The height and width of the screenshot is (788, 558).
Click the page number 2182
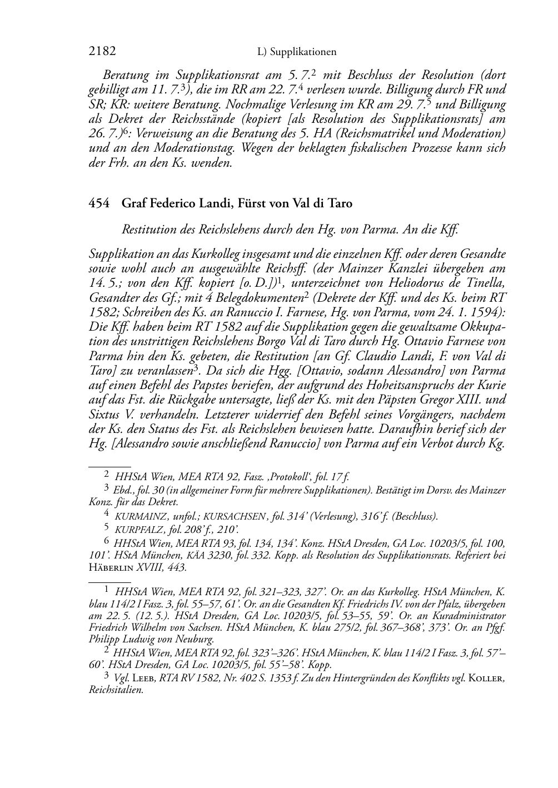coord(102,52)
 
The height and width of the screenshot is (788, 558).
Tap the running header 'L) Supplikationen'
coord(297,52)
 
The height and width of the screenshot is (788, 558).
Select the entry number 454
coord(99,203)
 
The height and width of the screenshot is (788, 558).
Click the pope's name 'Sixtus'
coord(105,414)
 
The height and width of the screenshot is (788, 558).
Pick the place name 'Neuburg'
coord(196,640)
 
